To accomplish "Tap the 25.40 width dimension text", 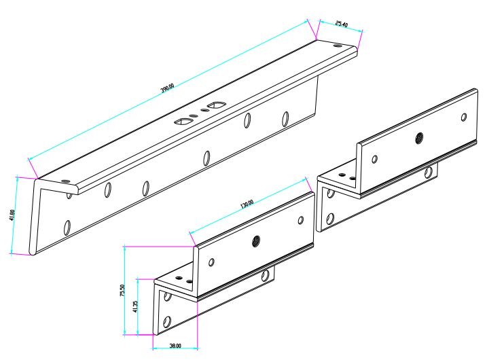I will coord(342,25).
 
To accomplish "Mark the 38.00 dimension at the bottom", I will coord(175,345).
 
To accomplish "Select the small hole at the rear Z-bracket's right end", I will coord(464,117).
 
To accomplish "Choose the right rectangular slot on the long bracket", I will coord(217,105).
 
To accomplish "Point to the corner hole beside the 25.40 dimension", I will coord(339,46).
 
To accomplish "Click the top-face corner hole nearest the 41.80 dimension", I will coord(65,181).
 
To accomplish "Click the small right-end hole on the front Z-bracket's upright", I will coord(302,219).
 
